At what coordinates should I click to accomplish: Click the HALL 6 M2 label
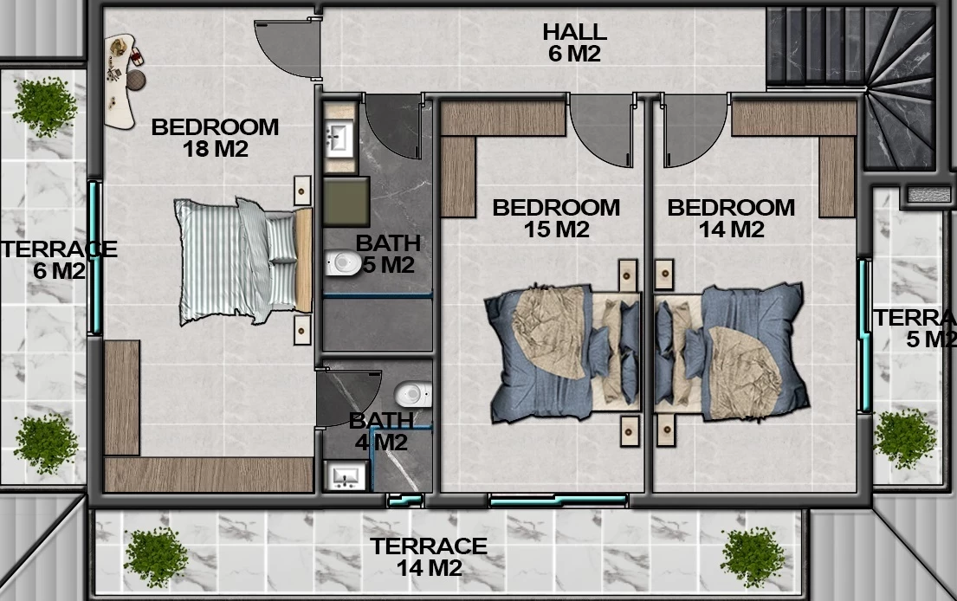[574, 42]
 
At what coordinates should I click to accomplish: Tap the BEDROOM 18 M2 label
[215, 138]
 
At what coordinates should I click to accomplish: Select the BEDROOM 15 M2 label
[556, 218]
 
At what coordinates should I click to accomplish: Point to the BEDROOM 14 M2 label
[731, 218]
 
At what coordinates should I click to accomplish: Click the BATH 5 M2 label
[388, 254]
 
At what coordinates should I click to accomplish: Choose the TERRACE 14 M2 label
[429, 557]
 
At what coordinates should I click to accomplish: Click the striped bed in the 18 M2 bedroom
[243, 261]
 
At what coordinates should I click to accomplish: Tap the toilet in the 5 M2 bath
[343, 263]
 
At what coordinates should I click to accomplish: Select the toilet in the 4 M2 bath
[413, 394]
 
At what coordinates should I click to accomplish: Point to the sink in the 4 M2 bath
[346, 476]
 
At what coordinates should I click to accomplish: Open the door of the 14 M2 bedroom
[695, 130]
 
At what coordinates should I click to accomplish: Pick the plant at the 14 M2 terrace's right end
[753, 558]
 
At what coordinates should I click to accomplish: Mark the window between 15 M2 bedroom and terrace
[559, 501]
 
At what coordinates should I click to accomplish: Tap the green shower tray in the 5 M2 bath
[346, 202]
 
